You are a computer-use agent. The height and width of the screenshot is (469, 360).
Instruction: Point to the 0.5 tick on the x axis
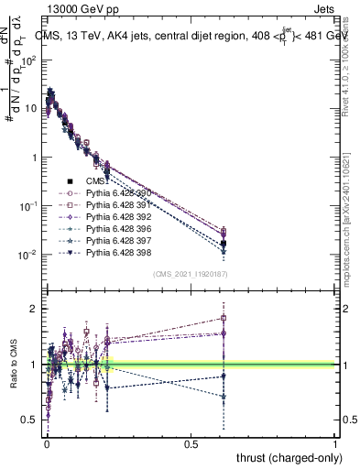(x=191, y=444)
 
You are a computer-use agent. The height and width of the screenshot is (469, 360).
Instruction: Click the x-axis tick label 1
(x=336, y=444)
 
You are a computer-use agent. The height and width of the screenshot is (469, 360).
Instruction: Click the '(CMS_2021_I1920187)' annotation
(x=190, y=274)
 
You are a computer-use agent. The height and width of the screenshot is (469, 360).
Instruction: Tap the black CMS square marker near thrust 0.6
(x=224, y=244)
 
